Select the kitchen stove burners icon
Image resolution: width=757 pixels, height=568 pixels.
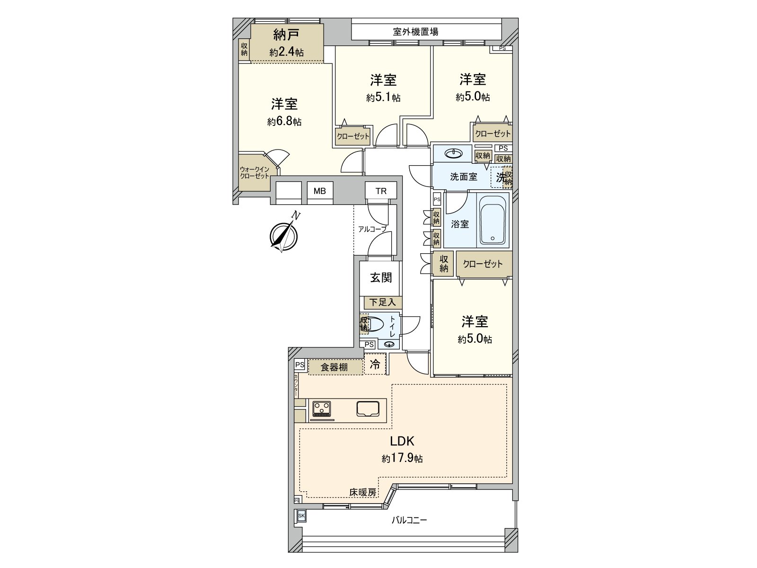point(322,409)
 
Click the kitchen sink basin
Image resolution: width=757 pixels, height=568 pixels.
point(368,408)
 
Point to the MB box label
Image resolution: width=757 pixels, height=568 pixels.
point(320,191)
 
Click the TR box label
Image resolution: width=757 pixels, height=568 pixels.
point(381,191)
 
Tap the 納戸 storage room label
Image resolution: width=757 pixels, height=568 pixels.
point(286,35)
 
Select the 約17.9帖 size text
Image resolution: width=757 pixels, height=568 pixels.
point(402,458)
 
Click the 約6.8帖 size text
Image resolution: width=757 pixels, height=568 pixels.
point(284,122)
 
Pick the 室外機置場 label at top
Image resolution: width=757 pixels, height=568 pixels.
point(415,32)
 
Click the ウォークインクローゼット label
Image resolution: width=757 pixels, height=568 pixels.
point(254,173)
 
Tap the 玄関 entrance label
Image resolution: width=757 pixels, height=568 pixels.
point(381,278)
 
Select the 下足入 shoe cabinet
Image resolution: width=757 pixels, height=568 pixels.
point(382,302)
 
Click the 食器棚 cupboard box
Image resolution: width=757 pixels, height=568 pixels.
point(334,367)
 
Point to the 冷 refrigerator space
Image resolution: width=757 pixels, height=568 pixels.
point(375,364)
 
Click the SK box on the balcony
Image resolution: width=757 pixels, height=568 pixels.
point(301,515)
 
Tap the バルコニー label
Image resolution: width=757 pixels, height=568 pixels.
point(409,520)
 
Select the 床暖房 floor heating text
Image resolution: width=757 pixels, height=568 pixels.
point(363,493)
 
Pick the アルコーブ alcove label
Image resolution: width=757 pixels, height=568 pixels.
point(372,229)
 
